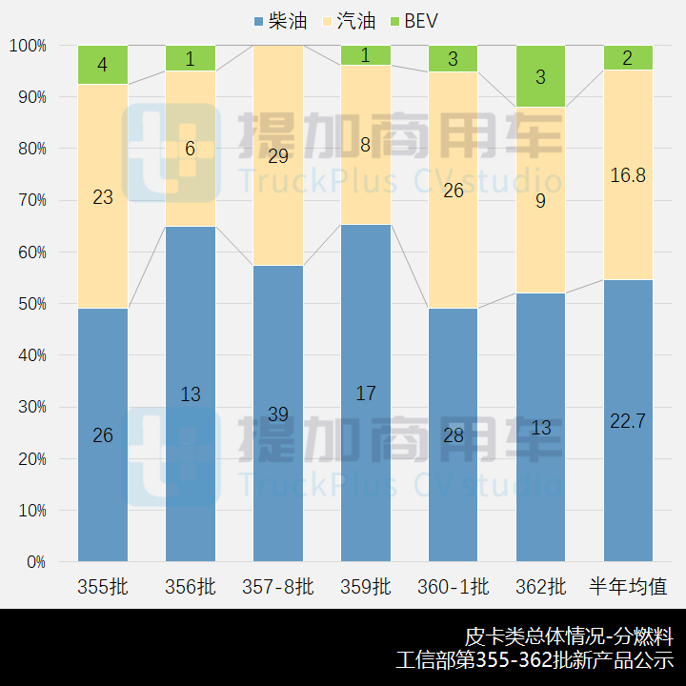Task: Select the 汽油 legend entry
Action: [348, 21]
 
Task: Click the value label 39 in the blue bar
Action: [278, 414]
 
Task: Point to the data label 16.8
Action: [628, 174]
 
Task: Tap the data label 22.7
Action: [628, 421]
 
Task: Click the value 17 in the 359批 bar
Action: [366, 393]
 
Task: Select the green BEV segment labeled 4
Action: [103, 65]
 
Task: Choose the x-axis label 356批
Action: [191, 587]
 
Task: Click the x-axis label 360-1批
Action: [453, 587]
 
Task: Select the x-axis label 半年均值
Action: [628, 587]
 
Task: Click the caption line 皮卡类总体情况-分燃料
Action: [569, 636]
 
